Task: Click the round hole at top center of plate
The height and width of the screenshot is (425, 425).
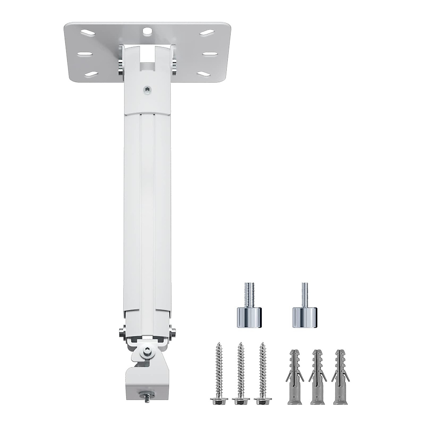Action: (x=146, y=31)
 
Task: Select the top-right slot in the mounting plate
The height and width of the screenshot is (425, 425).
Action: (x=206, y=32)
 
